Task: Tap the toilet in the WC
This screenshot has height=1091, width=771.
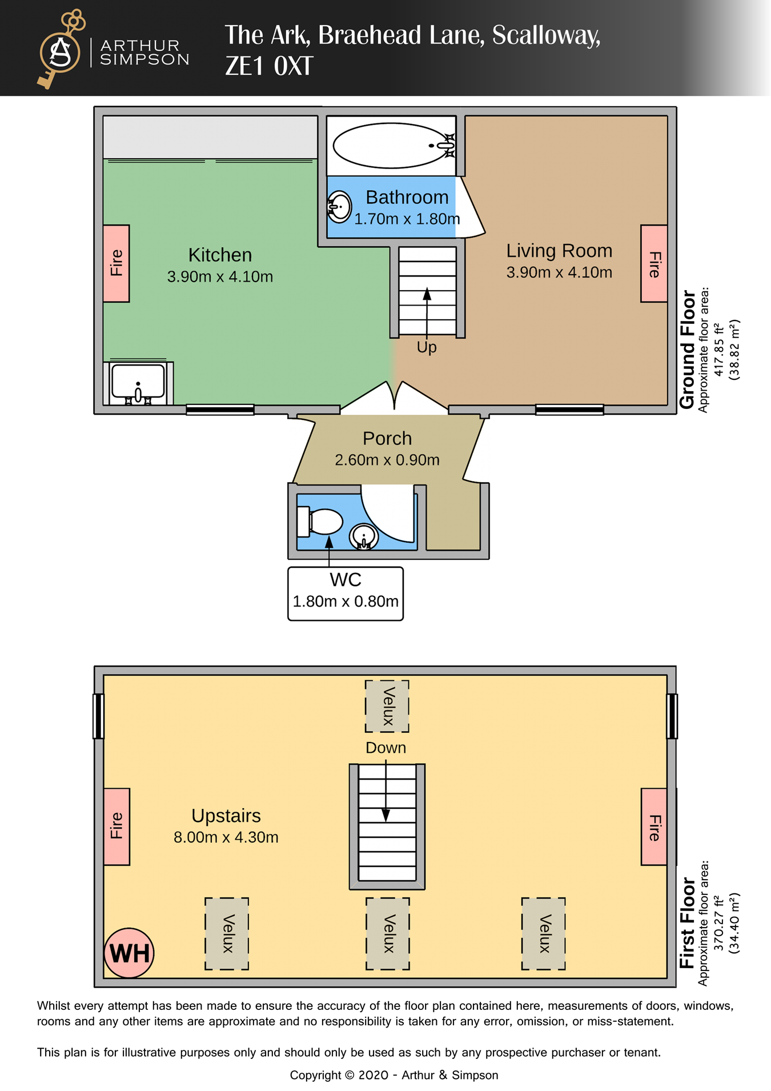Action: click(321, 522)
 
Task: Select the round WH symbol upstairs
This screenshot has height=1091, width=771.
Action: click(129, 953)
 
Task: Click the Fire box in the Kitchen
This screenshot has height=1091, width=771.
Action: click(117, 263)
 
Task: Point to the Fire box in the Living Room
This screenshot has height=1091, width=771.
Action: click(654, 263)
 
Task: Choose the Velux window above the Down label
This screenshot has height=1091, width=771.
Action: click(387, 706)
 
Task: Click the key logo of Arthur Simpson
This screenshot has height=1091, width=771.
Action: click(61, 50)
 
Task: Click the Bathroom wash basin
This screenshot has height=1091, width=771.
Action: click(339, 206)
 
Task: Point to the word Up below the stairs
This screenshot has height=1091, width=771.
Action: click(427, 347)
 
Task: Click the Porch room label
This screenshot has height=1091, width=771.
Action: click(387, 438)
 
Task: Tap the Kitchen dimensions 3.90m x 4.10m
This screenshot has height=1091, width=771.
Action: click(220, 277)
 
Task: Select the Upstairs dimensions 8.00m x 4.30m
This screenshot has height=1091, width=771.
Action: click(226, 837)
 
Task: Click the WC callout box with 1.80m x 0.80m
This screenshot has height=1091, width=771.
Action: click(346, 593)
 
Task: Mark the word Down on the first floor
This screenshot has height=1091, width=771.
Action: click(386, 748)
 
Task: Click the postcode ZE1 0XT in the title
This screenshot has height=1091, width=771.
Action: click(269, 66)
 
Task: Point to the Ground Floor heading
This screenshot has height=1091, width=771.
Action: click(688, 350)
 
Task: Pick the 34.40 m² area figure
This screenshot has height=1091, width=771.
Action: click(734, 923)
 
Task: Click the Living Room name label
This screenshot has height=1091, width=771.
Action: click(559, 251)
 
